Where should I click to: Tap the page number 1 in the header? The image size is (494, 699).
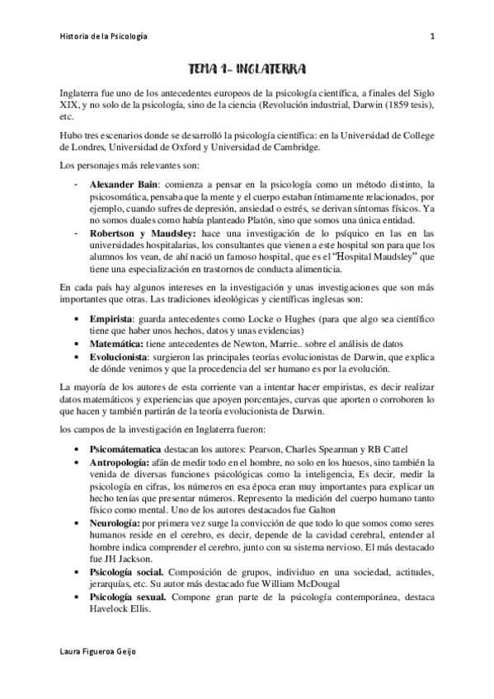tap(432, 35)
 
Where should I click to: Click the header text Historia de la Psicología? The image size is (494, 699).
tap(105, 35)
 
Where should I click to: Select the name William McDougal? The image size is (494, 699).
tap(294, 585)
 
